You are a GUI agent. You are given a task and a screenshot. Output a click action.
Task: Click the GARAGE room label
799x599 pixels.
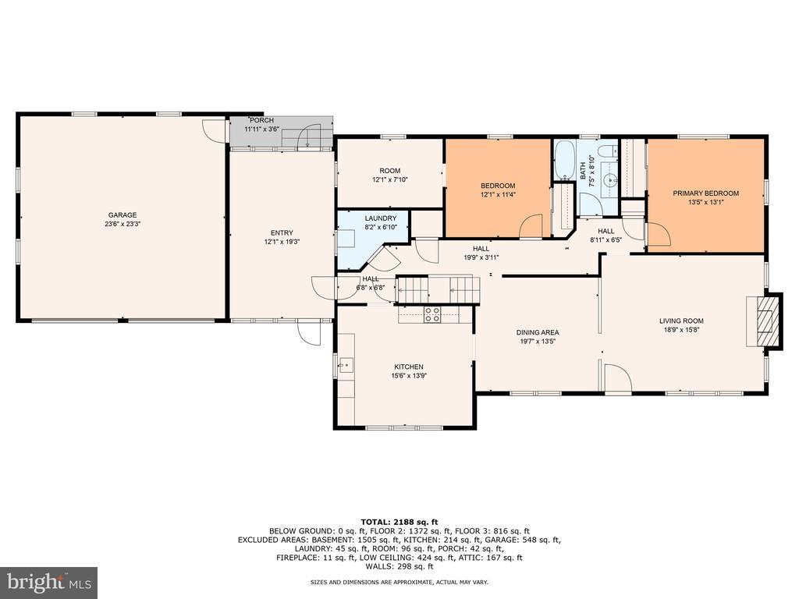123,215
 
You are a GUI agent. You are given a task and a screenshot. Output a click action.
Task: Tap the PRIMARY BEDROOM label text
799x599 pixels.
705,193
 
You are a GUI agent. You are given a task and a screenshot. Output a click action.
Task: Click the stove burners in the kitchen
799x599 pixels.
432,315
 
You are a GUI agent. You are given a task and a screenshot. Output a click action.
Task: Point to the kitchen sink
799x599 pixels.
346,365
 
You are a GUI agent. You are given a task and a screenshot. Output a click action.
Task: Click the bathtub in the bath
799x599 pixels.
563,160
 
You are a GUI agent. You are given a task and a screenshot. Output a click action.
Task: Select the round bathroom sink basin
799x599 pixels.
609,180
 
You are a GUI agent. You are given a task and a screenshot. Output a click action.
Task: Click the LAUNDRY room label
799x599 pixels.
380,218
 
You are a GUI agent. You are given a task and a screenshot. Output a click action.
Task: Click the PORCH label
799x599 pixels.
261,120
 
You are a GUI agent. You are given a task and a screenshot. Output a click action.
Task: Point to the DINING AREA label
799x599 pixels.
538,332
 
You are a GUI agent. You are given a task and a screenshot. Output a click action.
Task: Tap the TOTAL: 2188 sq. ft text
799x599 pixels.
399,522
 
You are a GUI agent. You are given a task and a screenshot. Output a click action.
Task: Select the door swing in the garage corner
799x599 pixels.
214,131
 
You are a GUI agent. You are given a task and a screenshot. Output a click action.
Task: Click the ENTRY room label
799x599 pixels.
282,232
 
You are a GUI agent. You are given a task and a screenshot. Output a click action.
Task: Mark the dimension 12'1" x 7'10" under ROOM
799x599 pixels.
390,179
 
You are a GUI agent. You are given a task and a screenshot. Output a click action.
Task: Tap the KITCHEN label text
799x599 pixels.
409,367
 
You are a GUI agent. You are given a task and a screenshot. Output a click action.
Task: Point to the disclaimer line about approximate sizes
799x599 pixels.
399,582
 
